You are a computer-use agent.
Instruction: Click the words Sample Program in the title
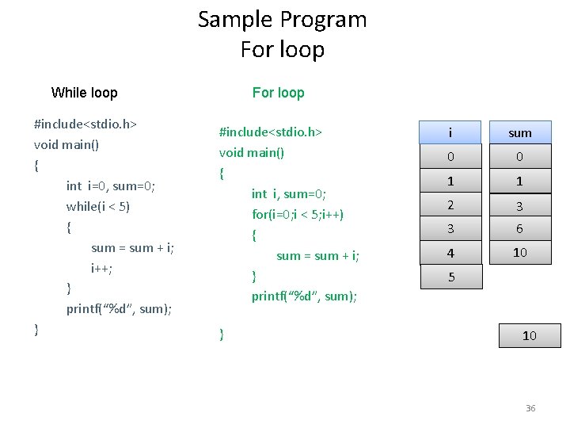(x=282, y=19)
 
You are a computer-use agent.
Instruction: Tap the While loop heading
(x=84, y=93)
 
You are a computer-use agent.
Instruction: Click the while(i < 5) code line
(x=98, y=207)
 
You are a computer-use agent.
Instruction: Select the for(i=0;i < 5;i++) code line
(x=298, y=214)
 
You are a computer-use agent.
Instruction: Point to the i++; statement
(x=102, y=269)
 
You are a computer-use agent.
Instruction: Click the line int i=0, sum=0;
(x=111, y=186)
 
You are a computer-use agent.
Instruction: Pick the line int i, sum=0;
(x=289, y=193)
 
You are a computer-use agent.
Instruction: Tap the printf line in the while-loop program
(x=119, y=308)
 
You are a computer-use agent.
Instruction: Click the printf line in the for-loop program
(x=304, y=296)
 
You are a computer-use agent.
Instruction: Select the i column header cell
(x=450, y=132)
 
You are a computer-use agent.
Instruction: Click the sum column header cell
(x=519, y=132)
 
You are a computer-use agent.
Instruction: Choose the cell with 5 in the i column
(x=450, y=277)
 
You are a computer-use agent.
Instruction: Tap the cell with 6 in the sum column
(x=519, y=229)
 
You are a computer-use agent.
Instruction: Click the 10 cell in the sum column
(x=519, y=253)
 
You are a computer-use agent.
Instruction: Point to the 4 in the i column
(x=450, y=254)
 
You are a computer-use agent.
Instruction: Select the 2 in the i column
(x=450, y=205)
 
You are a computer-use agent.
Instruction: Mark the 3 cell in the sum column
(x=519, y=205)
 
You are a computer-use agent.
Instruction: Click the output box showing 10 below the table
(x=530, y=335)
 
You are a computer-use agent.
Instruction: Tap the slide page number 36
(x=530, y=408)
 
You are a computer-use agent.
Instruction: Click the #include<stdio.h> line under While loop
(x=85, y=124)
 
